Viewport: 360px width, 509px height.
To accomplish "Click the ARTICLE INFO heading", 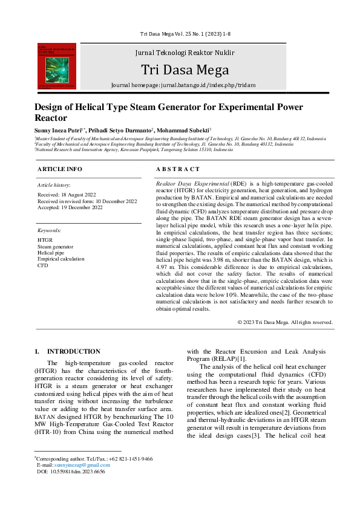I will (x=59, y=169).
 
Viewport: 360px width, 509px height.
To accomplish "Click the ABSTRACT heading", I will (x=177, y=169).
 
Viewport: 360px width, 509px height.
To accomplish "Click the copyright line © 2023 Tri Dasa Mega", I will (x=284, y=322).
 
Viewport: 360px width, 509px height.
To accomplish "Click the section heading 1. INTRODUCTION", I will (x=67, y=351).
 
